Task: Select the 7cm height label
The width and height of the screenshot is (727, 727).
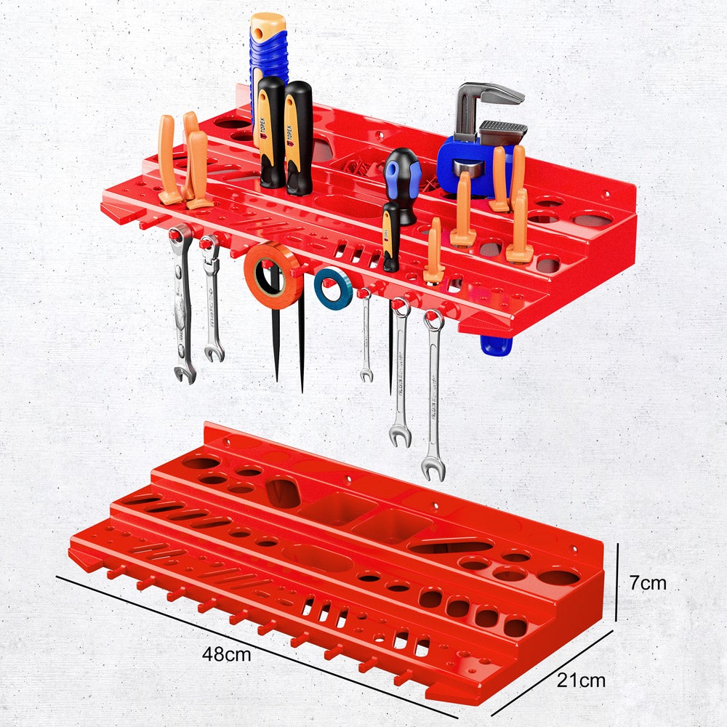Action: click(x=648, y=582)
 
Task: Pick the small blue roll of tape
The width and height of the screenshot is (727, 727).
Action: click(x=333, y=288)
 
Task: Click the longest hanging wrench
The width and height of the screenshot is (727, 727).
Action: click(x=433, y=393)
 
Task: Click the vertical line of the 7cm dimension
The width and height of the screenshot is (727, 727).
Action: click(x=616, y=582)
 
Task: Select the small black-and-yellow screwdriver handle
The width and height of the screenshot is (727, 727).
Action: click(x=391, y=236)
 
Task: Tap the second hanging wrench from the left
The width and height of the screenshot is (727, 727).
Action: click(x=212, y=305)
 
